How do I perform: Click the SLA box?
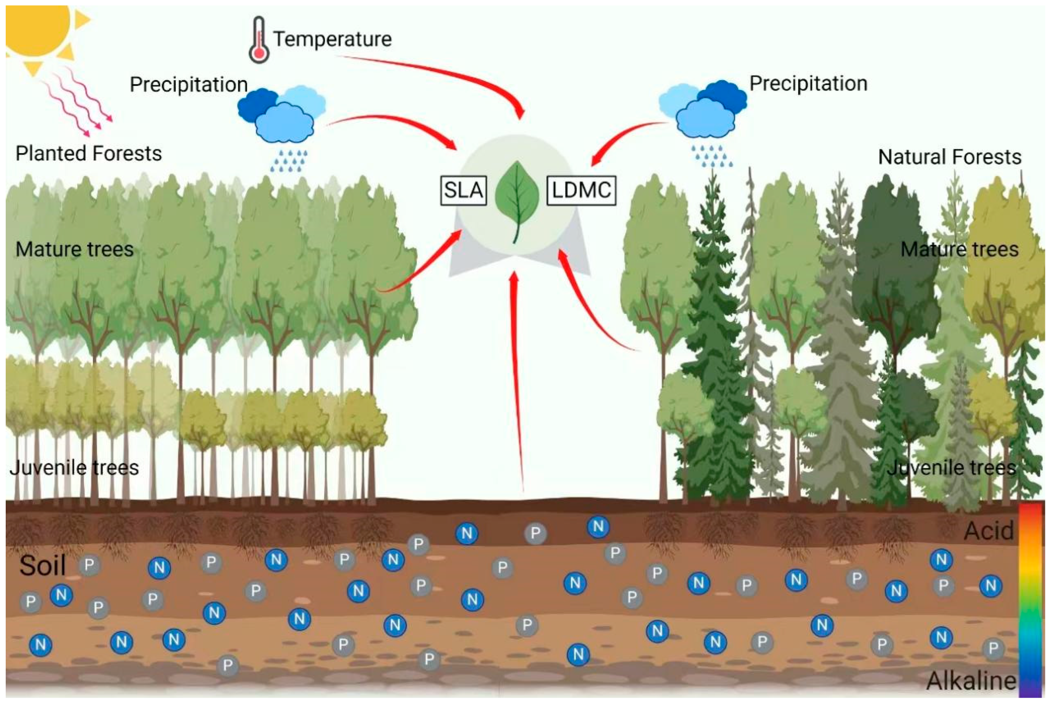point(464,191)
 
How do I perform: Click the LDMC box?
point(581,191)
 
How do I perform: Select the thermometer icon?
point(259,40)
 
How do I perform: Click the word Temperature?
point(332,39)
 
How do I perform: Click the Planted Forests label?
point(88,153)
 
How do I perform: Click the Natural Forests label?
point(949,157)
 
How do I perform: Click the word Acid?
point(989,531)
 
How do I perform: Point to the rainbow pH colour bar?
point(1031,601)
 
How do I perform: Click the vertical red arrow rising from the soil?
point(518,381)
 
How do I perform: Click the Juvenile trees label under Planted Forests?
point(74,467)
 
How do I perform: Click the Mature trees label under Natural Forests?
point(960,249)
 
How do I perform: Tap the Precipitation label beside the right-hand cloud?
point(808,84)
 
